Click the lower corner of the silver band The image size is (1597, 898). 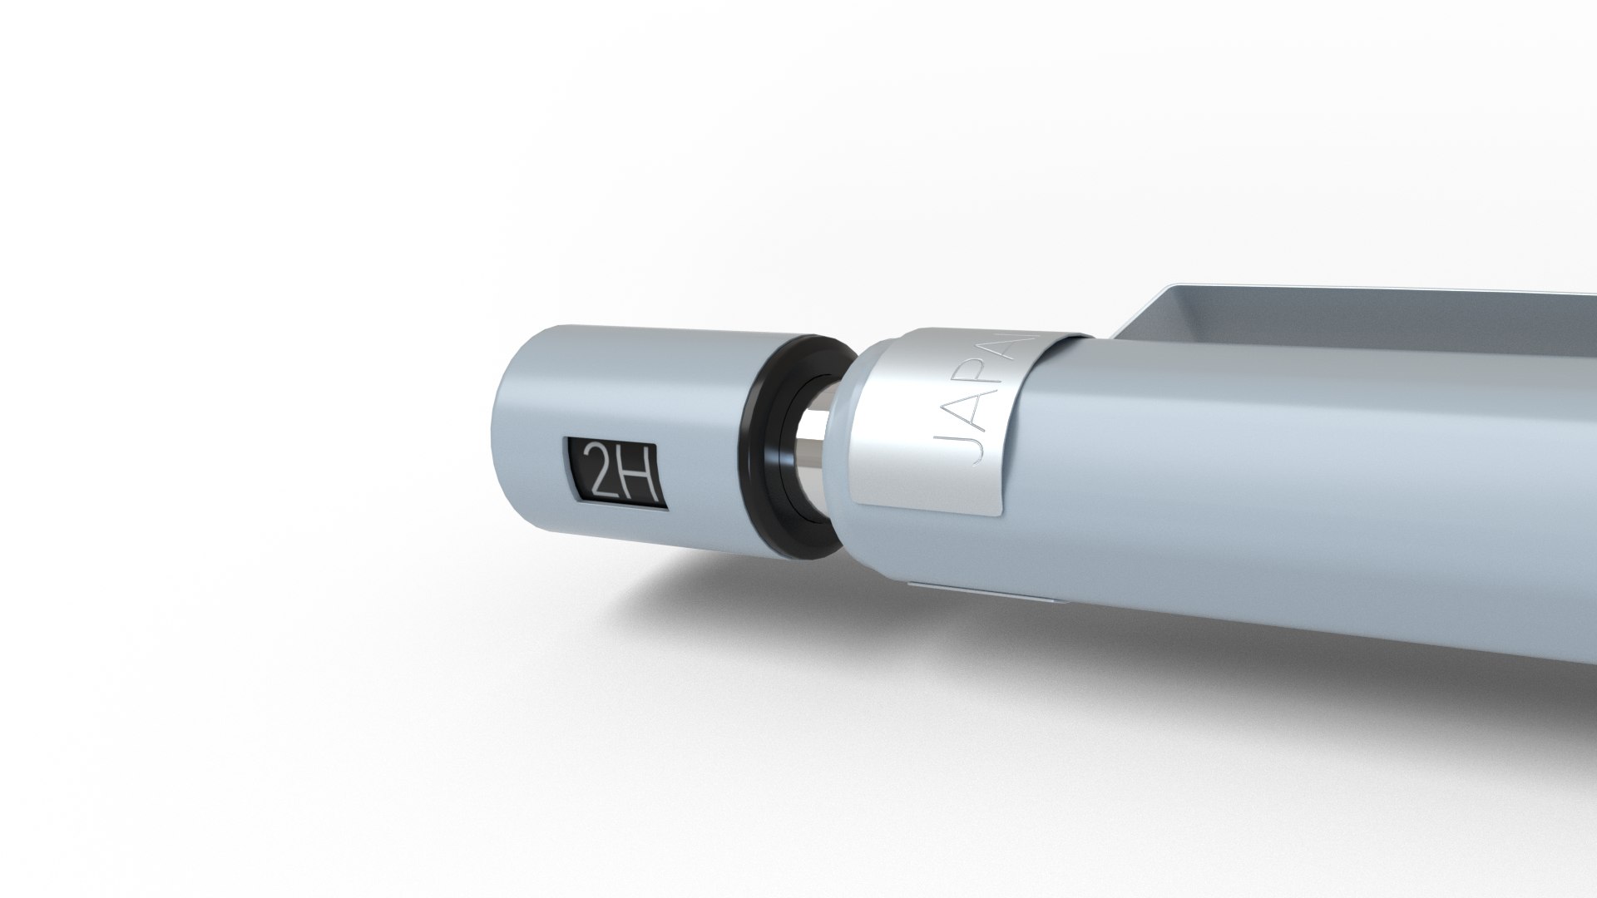point(994,514)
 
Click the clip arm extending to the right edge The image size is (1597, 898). point(1372,312)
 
